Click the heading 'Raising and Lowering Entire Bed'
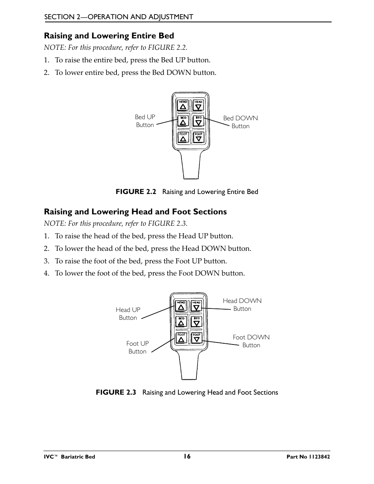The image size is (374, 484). click(x=109, y=36)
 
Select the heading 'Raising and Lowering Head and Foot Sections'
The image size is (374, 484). click(x=135, y=212)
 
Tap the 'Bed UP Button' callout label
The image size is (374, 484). click(x=145, y=121)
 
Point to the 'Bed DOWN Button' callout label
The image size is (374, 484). click(x=240, y=122)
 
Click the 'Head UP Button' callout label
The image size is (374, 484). click(x=128, y=314)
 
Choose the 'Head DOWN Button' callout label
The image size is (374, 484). click(x=242, y=305)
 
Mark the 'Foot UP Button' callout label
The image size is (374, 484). click(x=137, y=347)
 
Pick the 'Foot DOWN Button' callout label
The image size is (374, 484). click(x=251, y=341)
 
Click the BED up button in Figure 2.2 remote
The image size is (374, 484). click(x=183, y=121)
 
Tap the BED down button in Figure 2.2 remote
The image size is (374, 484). click(x=199, y=121)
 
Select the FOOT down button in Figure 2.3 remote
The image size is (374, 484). click(x=196, y=337)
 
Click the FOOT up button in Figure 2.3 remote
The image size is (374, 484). click(x=181, y=337)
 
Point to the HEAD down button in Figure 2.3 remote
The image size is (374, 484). click(x=196, y=306)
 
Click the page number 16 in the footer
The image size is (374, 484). click(x=187, y=456)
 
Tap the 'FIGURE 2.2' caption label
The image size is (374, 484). click(x=136, y=192)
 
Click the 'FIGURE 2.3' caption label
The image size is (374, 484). click(x=116, y=392)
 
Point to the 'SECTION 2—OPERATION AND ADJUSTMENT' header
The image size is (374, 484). click(x=118, y=16)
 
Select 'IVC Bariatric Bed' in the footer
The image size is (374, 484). click(x=69, y=457)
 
